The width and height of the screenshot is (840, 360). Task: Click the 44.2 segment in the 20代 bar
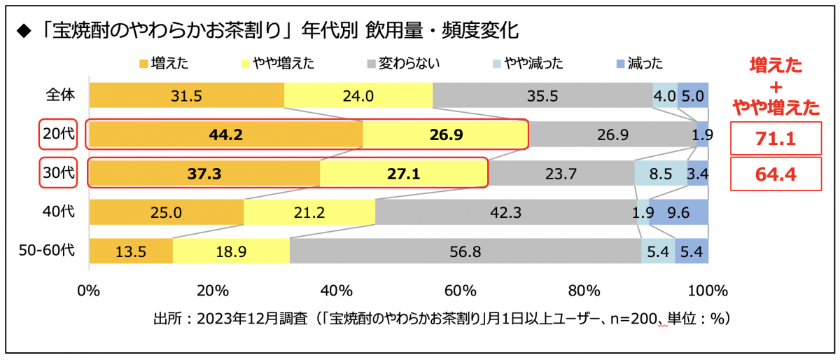225,134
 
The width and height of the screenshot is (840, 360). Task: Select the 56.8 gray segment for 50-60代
465,251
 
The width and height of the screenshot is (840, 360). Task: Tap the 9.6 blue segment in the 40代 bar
678,212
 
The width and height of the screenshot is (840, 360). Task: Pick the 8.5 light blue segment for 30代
660,174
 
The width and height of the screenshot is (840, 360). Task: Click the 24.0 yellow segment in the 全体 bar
358,96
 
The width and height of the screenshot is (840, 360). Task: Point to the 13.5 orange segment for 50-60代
131,251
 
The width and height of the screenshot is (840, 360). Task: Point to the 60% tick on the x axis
461,290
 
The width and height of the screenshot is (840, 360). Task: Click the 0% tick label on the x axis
89,290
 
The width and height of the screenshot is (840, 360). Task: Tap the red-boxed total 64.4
774,174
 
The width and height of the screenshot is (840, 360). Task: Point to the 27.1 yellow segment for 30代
403,174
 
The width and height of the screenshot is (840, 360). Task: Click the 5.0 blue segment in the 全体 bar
692,96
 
